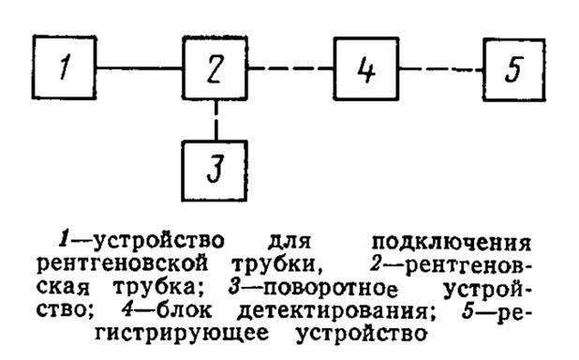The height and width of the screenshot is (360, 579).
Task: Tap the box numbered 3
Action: click(216, 172)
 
